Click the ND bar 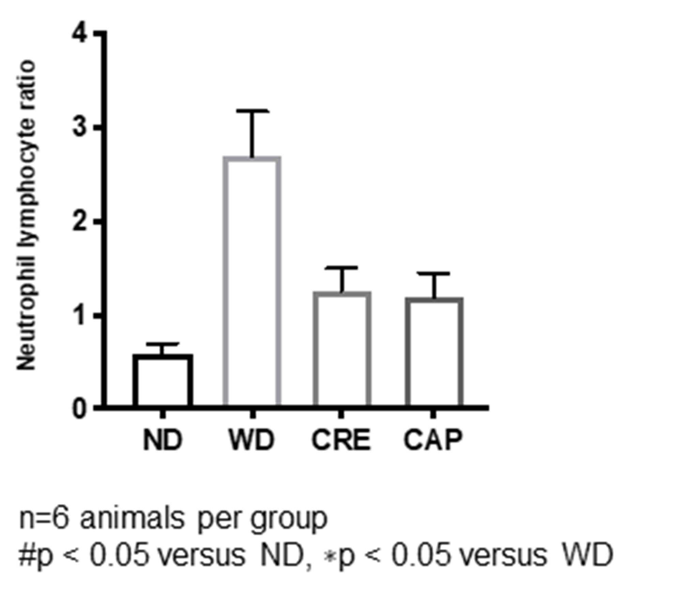coord(163,380)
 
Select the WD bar coord(252,281)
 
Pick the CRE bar coord(342,349)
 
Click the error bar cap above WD coord(252,111)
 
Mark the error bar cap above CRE coord(341,267)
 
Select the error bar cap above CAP coord(434,273)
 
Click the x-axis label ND coord(163,440)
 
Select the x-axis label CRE coord(341,440)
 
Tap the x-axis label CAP coord(433,440)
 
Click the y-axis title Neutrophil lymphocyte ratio coord(27,215)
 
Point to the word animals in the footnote coord(132,519)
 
